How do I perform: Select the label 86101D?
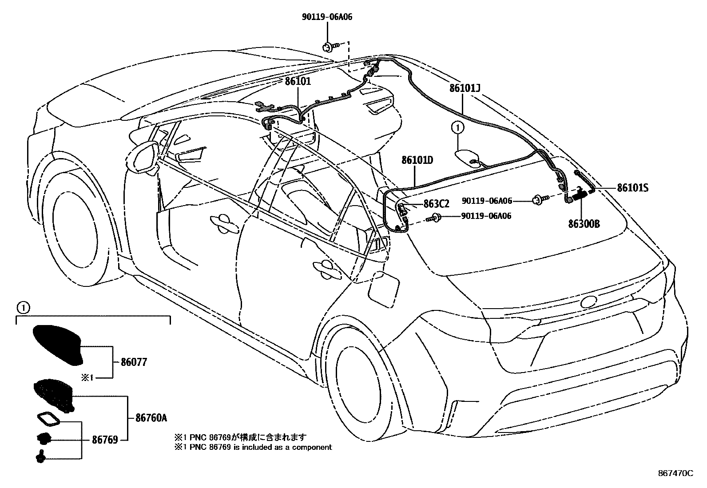417,160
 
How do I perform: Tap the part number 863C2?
436,204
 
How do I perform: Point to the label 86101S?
632,188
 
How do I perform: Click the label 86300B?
584,224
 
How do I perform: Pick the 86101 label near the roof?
298,81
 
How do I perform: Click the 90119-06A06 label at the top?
327,17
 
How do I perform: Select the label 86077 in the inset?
134,362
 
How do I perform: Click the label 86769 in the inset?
105,440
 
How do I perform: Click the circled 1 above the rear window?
457,128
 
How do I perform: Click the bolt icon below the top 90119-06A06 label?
329,46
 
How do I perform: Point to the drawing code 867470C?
675,473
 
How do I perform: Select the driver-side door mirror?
143,156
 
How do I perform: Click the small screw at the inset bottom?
40,456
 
